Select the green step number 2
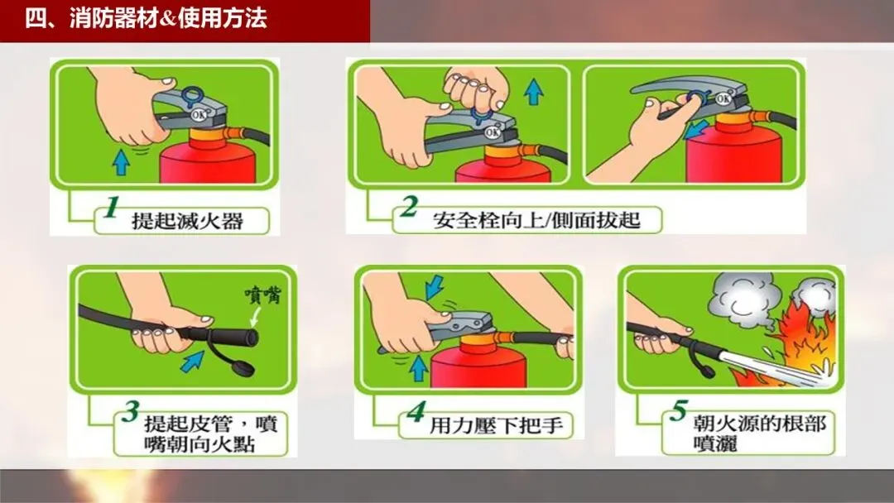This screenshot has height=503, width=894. [409, 207]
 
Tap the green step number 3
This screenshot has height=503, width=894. [131, 411]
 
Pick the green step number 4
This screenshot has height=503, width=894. [416, 412]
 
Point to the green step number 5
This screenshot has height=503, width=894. [679, 410]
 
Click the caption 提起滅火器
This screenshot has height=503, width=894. [188, 220]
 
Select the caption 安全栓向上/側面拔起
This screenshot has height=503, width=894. [536, 219]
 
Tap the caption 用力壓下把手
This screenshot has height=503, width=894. [496, 425]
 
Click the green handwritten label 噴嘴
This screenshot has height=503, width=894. [263, 295]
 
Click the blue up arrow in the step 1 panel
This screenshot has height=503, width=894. [121, 162]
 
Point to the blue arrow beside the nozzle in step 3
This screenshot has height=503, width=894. [192, 362]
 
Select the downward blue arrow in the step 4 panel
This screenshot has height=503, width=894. [435, 286]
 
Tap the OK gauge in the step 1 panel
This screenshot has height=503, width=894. [199, 114]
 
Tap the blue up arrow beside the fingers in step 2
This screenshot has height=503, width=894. [533, 92]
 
